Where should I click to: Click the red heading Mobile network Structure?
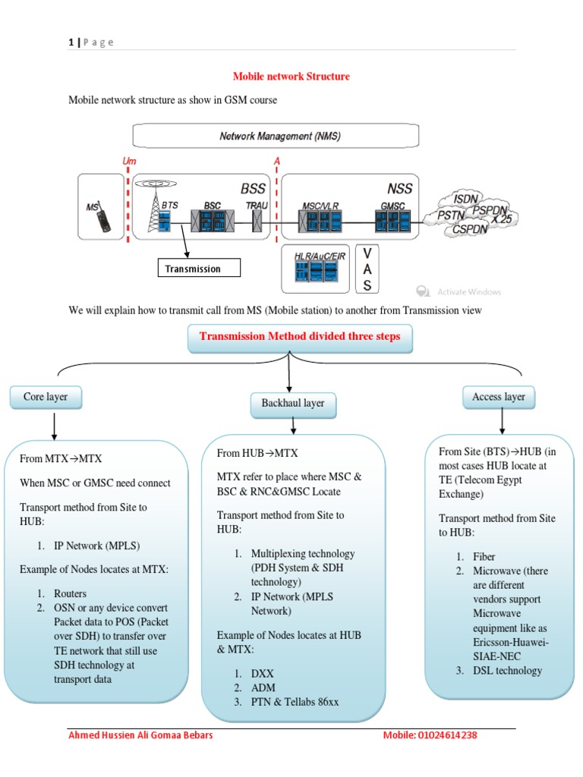291,77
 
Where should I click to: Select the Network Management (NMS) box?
276,137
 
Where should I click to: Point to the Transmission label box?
199,269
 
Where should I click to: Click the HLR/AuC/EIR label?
315,256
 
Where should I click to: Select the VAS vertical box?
367,269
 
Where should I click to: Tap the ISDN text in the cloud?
465,198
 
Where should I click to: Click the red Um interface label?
129,162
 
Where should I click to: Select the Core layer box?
45,397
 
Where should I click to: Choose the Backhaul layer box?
293,404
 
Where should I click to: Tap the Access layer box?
499,397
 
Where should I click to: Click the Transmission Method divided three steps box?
300,337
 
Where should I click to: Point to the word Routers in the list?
70,593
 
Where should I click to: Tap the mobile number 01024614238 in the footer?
448,735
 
